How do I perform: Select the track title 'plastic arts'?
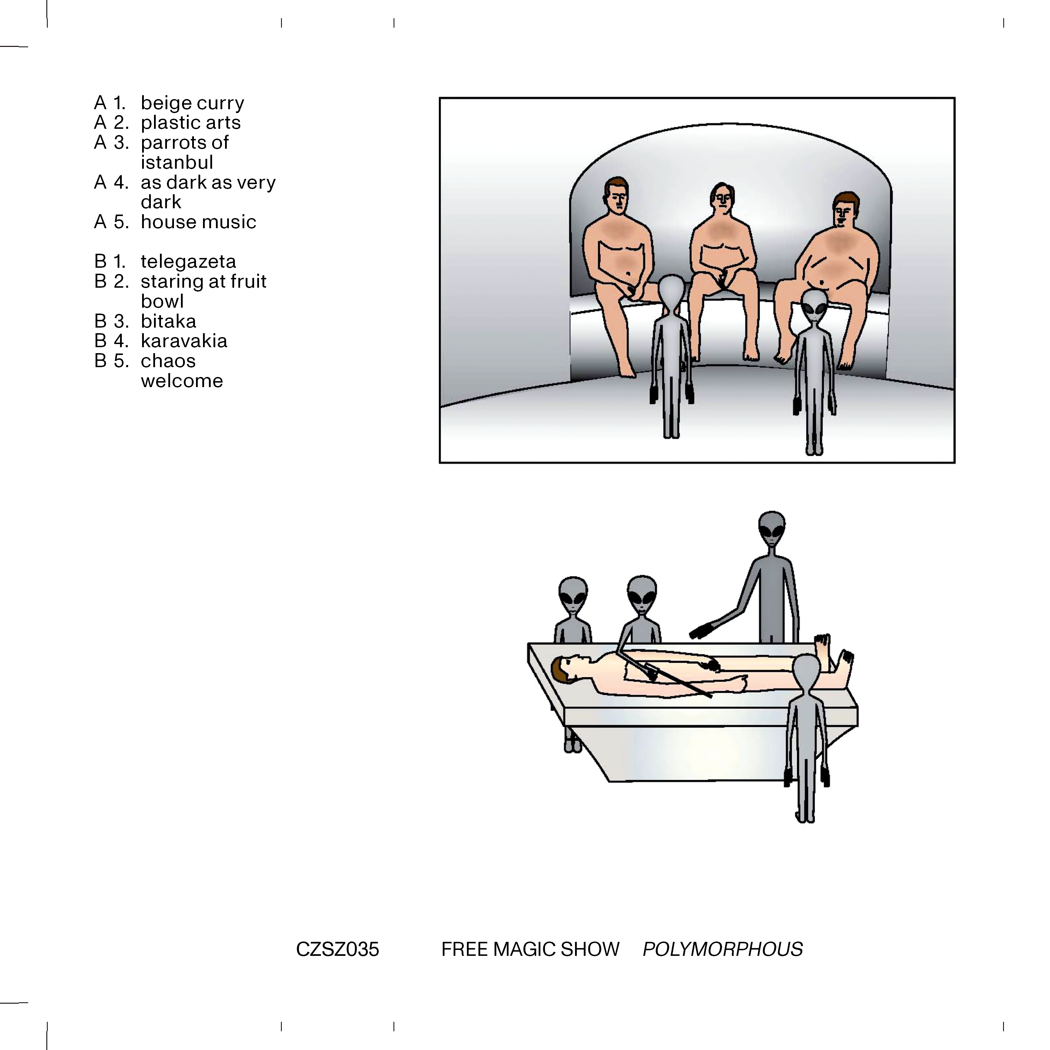point(190,123)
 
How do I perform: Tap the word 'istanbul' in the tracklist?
point(177,162)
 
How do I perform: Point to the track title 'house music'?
point(198,222)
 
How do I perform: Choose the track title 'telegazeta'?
point(188,262)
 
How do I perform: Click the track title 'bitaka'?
point(168,321)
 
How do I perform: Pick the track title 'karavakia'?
point(184,341)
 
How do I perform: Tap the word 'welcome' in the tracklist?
point(182,381)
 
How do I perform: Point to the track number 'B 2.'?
point(111,281)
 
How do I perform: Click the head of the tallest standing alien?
point(772,528)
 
